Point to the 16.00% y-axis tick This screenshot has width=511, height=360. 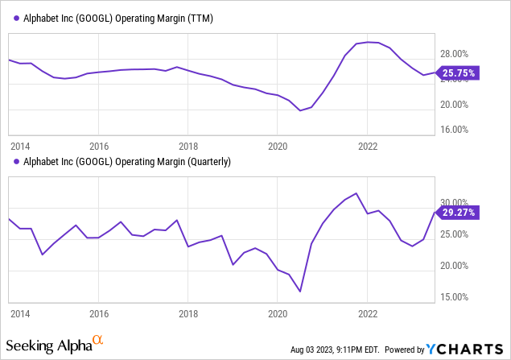453,129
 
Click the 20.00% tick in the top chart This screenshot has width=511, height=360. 453,104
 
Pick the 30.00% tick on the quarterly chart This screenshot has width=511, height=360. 453,203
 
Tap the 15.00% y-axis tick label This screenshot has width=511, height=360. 453,297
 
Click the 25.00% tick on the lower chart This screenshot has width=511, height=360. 453,234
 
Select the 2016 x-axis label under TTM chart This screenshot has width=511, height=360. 99,147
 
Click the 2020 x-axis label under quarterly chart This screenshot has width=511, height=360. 278,314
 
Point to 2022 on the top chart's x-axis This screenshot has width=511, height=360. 368,147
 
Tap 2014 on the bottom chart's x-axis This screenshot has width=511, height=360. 19,314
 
